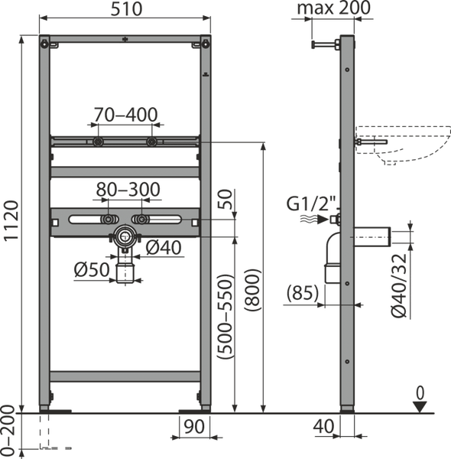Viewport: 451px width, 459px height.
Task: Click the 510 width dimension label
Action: click(126, 9)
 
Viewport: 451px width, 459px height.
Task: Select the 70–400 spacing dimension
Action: click(125, 115)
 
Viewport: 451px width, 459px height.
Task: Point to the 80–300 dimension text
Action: click(128, 190)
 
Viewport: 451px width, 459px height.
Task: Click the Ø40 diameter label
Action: click(164, 248)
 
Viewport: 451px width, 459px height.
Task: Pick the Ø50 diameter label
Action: click(92, 269)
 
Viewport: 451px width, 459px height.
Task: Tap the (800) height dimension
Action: click(252, 291)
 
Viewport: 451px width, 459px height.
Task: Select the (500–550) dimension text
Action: click(225, 317)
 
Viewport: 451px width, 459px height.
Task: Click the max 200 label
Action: click(334, 8)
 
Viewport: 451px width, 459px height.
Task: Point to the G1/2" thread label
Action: click(312, 203)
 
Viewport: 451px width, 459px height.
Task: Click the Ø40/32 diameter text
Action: click(399, 285)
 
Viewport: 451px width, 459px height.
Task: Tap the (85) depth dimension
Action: click(303, 293)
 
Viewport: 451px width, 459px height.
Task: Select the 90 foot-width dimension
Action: click(194, 427)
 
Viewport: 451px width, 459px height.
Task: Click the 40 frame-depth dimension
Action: click(323, 426)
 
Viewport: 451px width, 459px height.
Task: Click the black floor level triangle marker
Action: click(420, 407)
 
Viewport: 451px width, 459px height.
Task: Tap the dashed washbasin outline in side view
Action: click(404, 145)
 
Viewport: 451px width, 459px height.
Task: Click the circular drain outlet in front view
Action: click(125, 236)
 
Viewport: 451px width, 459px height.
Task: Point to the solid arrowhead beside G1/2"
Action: click(323, 219)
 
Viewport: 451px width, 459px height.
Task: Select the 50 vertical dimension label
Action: click(226, 200)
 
